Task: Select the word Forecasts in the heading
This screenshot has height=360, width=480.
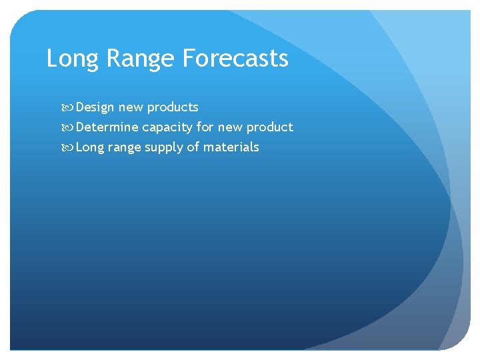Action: click(235, 59)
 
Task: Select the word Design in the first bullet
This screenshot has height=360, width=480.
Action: click(95, 107)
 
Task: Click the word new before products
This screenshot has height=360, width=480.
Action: click(131, 107)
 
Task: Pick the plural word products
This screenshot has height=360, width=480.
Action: click(173, 107)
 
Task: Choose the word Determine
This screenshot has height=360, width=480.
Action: click(107, 127)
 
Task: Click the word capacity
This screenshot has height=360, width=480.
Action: click(167, 127)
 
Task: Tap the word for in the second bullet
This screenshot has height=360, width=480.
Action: click(205, 127)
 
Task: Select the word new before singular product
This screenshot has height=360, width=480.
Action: click(229, 127)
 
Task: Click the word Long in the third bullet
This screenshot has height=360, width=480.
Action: click(90, 147)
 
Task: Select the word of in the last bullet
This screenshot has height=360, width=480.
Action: click(193, 147)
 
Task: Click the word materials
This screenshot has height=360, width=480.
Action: click(231, 147)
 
